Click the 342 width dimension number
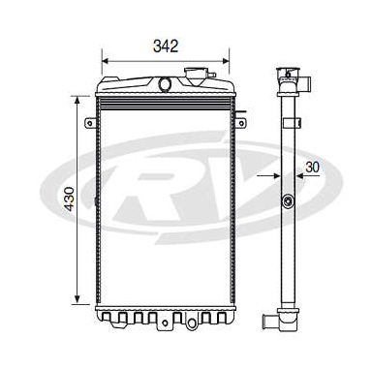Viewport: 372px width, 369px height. (x=166, y=46)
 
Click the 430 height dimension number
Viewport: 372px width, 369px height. (x=69, y=199)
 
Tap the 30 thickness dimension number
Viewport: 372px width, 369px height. (x=312, y=167)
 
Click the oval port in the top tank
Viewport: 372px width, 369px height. (x=165, y=84)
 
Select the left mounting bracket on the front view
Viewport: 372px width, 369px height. (x=91, y=123)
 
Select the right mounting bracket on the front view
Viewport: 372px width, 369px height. (x=240, y=123)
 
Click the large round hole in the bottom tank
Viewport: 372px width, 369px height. (x=192, y=323)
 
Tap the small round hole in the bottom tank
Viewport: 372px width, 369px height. (x=165, y=323)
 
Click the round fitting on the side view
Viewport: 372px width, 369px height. (x=288, y=202)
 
